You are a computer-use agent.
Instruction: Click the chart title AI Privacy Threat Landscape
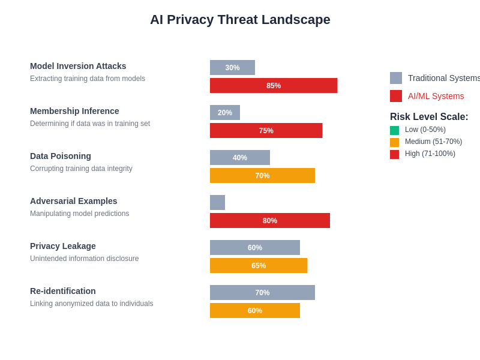coord(240,20)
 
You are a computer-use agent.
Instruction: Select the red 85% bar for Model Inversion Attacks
coord(274,85)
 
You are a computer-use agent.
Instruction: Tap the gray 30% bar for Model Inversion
coord(232,67)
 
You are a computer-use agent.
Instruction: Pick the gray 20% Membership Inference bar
coord(225,112)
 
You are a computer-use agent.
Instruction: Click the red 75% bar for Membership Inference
coord(266,130)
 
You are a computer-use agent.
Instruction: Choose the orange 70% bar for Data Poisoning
coord(262,175)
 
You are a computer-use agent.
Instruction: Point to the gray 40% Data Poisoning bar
coord(240,157)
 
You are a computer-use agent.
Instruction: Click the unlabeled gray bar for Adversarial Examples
coord(217,202)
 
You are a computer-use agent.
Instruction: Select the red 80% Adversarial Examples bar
coord(270,220)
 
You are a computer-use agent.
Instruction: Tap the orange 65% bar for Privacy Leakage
coord(259,265)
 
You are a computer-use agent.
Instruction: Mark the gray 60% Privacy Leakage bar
coord(255,247)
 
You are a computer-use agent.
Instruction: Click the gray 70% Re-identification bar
coord(262,292)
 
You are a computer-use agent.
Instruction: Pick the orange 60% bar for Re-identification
coord(255,310)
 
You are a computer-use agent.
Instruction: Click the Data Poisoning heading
coord(61,156)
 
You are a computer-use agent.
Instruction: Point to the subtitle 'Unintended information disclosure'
coord(84,259)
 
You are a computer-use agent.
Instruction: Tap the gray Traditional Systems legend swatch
coord(396,78)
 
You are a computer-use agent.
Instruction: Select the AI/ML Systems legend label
coord(436,96)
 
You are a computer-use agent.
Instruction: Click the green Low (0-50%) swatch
coord(394,130)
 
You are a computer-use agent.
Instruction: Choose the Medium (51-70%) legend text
coord(433,142)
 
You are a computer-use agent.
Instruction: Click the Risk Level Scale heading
coord(429,117)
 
